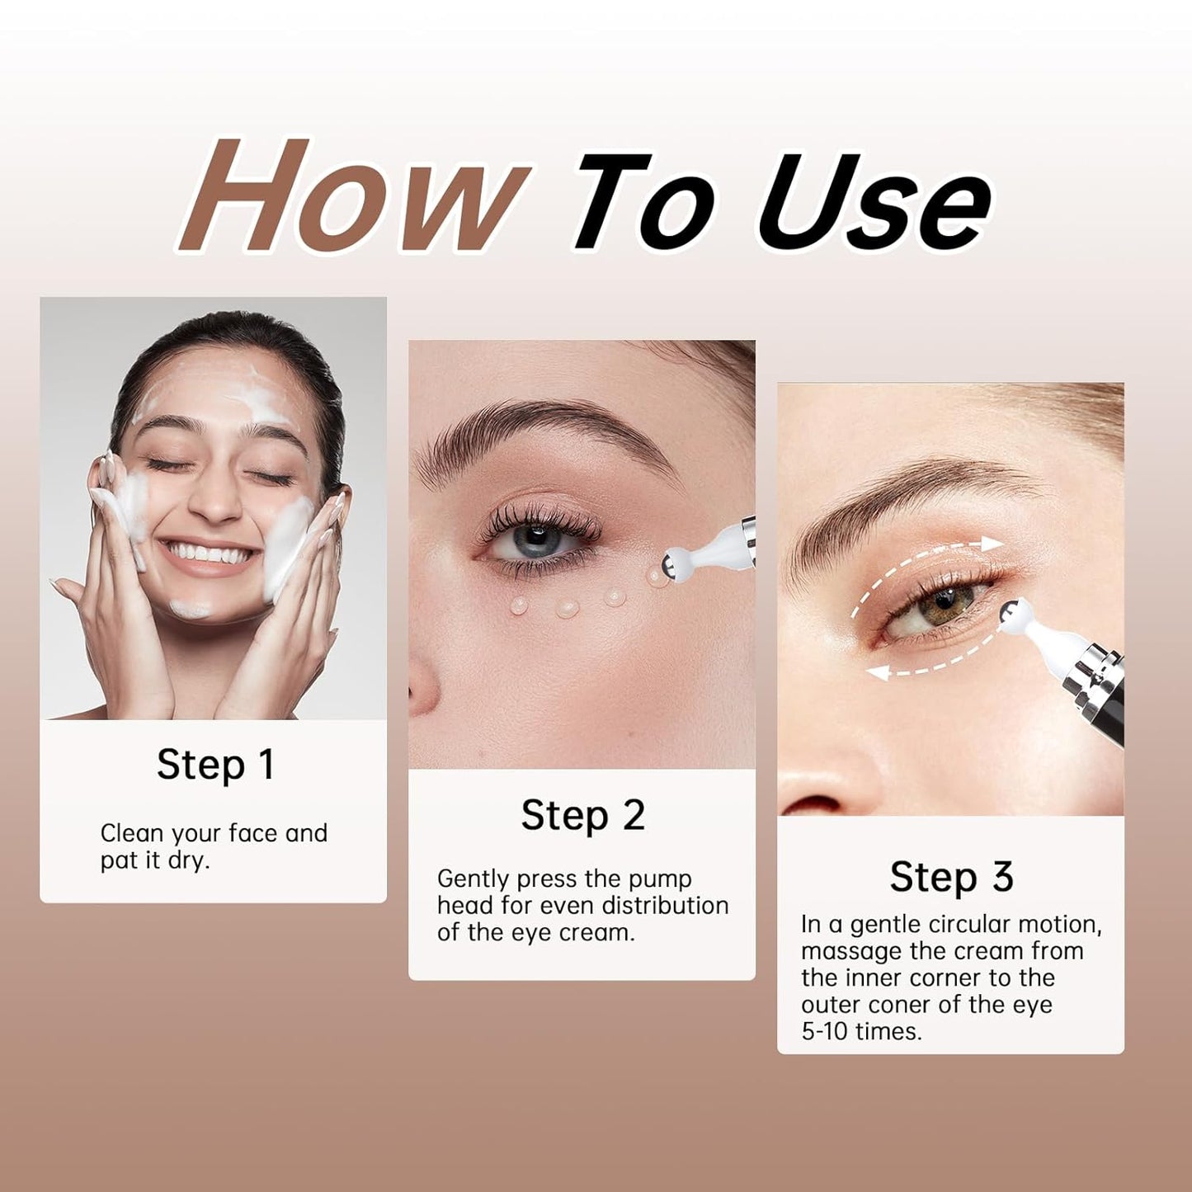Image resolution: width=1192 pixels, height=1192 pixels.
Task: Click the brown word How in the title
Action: pyautogui.click(x=351, y=196)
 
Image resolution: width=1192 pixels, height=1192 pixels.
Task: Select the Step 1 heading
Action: pyautogui.click(x=214, y=765)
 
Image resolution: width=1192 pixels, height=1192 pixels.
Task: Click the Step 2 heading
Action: pyautogui.click(x=582, y=816)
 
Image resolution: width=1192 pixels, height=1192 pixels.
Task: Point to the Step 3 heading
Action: pyautogui.click(x=951, y=877)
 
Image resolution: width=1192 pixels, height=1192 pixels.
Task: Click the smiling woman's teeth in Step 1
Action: pyautogui.click(x=207, y=553)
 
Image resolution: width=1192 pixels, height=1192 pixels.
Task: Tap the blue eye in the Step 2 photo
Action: pyautogui.click(x=534, y=542)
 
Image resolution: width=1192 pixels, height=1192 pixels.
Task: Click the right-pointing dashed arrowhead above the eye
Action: pyautogui.click(x=993, y=543)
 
